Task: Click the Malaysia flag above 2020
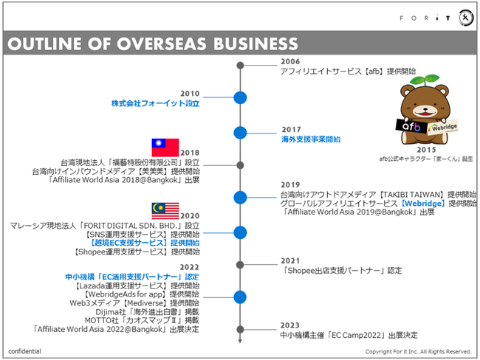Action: tap(165, 210)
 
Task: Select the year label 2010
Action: tap(190, 94)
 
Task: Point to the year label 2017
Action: tap(291, 129)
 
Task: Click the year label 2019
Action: tap(290, 184)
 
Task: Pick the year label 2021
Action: tap(291, 260)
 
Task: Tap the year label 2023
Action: tap(291, 325)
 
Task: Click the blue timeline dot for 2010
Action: tap(240, 97)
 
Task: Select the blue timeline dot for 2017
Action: tap(240, 133)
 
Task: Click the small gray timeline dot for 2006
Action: tap(240, 66)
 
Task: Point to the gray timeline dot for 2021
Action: tap(240, 264)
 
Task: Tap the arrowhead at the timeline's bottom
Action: tap(240, 341)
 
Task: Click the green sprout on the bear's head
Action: tap(425, 80)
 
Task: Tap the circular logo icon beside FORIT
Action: tap(466, 18)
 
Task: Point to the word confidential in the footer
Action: tap(25, 351)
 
